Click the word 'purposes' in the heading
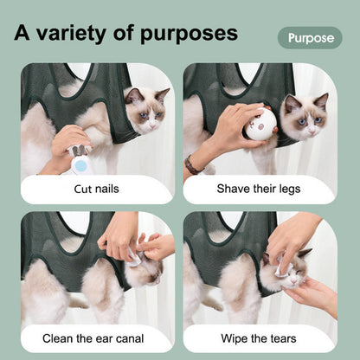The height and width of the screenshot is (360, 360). point(186,34)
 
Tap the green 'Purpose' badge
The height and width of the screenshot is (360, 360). point(310,38)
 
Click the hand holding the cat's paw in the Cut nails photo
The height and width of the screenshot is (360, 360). point(72,140)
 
